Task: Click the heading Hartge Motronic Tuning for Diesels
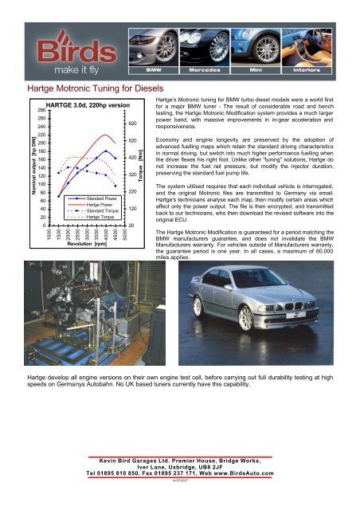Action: pyautogui.click(x=96, y=88)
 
